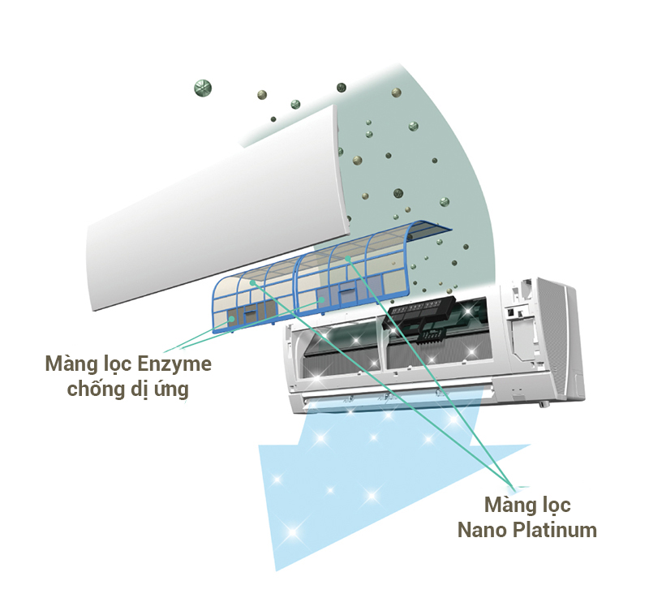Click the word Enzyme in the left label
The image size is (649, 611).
(x=174, y=364)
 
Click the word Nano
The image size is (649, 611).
(x=482, y=531)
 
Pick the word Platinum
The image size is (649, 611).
(x=555, y=530)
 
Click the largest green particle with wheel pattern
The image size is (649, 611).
(x=203, y=88)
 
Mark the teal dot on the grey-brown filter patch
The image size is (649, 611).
(x=233, y=319)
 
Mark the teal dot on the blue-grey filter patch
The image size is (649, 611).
(x=321, y=299)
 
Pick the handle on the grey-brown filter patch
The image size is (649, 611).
(x=250, y=313)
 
